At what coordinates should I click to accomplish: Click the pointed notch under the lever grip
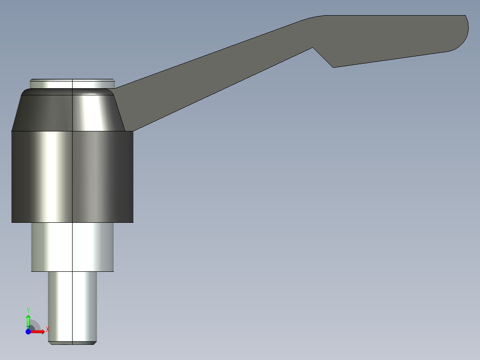click(333, 66)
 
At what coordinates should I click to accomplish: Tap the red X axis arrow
click(39, 331)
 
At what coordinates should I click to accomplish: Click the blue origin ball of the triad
click(28, 331)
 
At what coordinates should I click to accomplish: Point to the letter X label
click(47, 330)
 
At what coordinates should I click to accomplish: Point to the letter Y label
click(28, 309)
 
